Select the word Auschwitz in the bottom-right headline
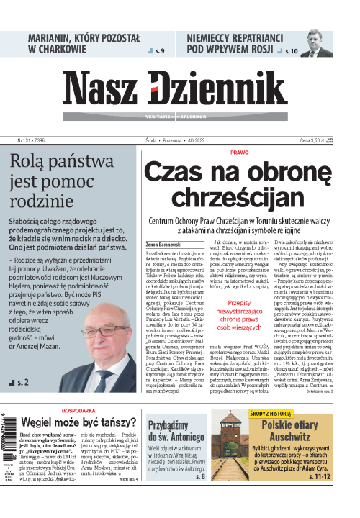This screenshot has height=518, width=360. click(295, 436)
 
